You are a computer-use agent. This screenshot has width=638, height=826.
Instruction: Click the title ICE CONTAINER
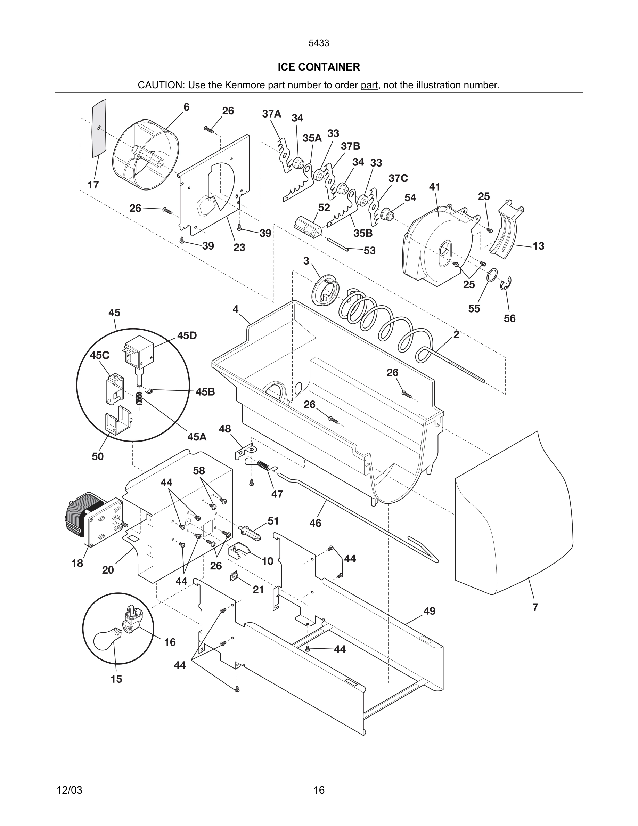(x=319, y=67)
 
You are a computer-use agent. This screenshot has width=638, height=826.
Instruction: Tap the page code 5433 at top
(x=319, y=43)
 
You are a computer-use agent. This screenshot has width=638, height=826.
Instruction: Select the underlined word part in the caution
(x=369, y=85)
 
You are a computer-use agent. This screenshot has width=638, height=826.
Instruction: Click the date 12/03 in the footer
(x=69, y=790)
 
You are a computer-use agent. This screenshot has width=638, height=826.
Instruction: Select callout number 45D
(x=187, y=335)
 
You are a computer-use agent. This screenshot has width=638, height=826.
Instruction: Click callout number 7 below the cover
(x=535, y=607)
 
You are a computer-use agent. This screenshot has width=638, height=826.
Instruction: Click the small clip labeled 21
(x=234, y=576)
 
